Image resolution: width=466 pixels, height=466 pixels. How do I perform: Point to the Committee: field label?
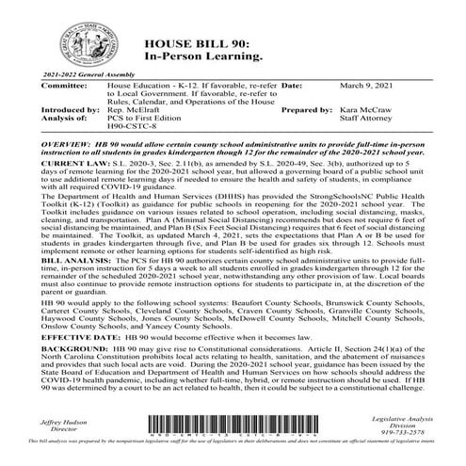click(x=47, y=110)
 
